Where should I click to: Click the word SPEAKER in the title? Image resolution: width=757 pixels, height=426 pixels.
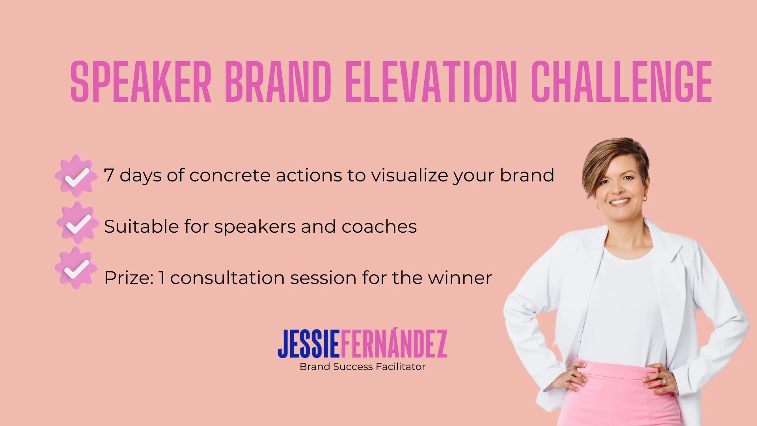tap(141, 82)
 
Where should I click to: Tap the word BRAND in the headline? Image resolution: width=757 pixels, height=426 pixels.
tap(278, 82)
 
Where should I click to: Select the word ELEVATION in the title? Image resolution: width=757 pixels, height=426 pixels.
tap(431, 82)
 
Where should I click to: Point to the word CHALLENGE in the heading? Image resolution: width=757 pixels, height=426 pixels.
tap(621, 82)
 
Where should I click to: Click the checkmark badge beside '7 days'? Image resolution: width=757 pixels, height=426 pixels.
tap(76, 176)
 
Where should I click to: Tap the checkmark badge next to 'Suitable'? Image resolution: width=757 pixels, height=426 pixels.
tap(78, 223)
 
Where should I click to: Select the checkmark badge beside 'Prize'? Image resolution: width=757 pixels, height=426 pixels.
tap(76, 269)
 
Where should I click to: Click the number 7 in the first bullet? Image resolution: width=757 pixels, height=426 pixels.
tap(109, 176)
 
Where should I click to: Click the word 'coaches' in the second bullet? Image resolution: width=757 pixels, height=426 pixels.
tap(379, 227)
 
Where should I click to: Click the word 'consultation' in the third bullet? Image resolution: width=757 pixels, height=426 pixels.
tap(227, 278)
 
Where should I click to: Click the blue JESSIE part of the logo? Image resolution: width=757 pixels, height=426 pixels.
tap(309, 344)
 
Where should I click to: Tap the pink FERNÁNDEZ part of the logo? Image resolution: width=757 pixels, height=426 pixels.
tap(393, 344)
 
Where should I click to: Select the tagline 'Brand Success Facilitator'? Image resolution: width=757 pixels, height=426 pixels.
tap(362, 367)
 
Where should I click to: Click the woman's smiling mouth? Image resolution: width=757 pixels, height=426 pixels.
tap(620, 202)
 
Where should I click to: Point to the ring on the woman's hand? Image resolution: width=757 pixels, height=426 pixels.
tap(664, 381)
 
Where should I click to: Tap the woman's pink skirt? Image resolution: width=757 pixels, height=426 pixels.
tap(619, 398)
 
